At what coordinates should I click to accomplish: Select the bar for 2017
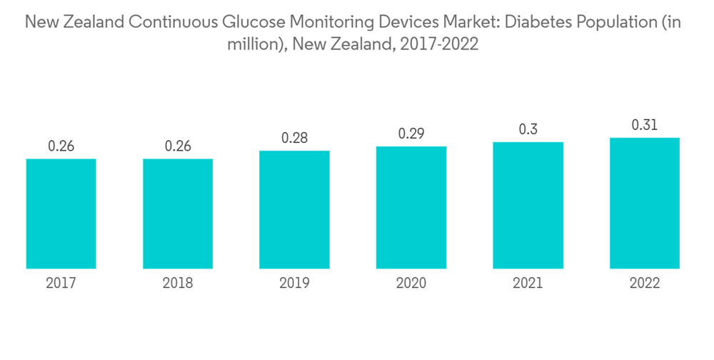point(61,214)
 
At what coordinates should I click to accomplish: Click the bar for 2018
point(178,214)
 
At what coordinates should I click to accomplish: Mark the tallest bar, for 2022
point(645,203)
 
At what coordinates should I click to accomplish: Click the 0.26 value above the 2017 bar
point(61,146)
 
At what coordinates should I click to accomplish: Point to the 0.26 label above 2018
point(178,146)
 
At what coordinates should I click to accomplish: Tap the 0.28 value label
point(294,138)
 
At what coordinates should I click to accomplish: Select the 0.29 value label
point(411,134)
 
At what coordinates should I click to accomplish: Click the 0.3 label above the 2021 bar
point(528,129)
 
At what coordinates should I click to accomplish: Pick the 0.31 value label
point(645,125)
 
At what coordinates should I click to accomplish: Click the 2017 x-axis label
point(61,284)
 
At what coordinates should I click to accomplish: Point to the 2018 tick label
point(178,284)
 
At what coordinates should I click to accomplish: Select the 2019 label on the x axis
point(294,284)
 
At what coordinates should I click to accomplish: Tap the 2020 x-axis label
point(411,284)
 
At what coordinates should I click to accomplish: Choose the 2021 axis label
point(528,284)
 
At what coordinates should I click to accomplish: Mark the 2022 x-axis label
point(645,284)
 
